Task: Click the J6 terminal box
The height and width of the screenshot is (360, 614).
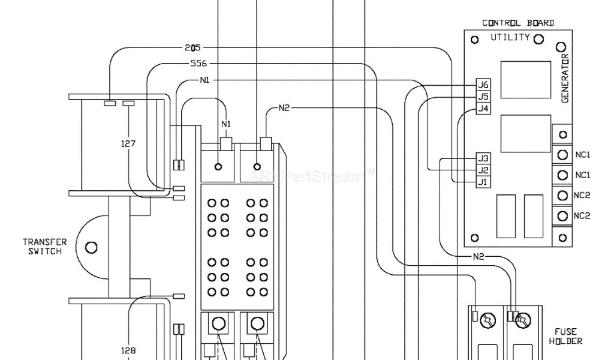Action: [x=483, y=85]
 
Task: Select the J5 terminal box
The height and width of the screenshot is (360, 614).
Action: [x=483, y=97]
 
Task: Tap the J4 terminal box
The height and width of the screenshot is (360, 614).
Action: [x=483, y=109]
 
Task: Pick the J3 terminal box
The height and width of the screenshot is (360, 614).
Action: [x=483, y=158]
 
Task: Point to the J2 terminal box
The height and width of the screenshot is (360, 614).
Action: [x=483, y=170]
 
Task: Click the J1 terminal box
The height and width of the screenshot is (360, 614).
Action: [x=483, y=182]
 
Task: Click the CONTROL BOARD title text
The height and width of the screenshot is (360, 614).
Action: [x=518, y=23]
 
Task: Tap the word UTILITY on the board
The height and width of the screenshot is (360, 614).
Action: [x=510, y=37]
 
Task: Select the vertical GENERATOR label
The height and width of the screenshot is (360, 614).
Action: [x=565, y=78]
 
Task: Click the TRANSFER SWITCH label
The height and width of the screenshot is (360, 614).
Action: [x=45, y=247]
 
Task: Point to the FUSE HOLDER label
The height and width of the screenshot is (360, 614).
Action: [x=565, y=336]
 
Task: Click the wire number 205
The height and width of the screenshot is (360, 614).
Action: [x=192, y=48]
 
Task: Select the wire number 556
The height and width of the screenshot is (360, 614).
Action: [x=199, y=64]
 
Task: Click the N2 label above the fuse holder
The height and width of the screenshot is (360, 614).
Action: [x=478, y=257]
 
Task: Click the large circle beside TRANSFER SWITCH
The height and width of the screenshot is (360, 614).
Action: [x=91, y=247]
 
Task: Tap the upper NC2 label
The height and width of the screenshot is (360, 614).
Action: [x=582, y=196]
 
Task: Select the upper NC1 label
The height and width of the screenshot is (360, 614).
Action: [x=582, y=155]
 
